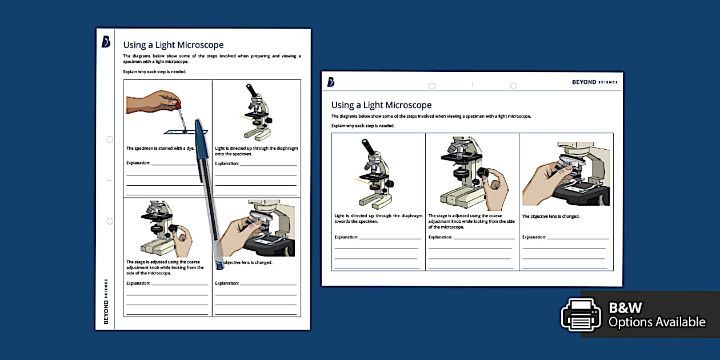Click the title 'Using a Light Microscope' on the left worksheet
pos(173,45)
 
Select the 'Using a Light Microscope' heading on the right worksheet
pos(381,105)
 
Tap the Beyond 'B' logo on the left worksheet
pos(106,42)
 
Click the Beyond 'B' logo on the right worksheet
pos(331,82)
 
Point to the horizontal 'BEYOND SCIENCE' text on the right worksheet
pos(594,82)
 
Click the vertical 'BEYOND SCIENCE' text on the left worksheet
pos(106,301)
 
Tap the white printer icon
pos(581,314)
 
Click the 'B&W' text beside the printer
pos(625,308)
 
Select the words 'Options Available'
pos(657,322)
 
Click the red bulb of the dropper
pos(178,106)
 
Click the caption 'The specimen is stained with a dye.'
pos(161,149)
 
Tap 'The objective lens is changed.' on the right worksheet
pos(551,217)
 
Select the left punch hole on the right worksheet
pos(432,86)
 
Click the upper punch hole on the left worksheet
pos(110,139)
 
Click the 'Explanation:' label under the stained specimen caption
pos(138,163)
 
